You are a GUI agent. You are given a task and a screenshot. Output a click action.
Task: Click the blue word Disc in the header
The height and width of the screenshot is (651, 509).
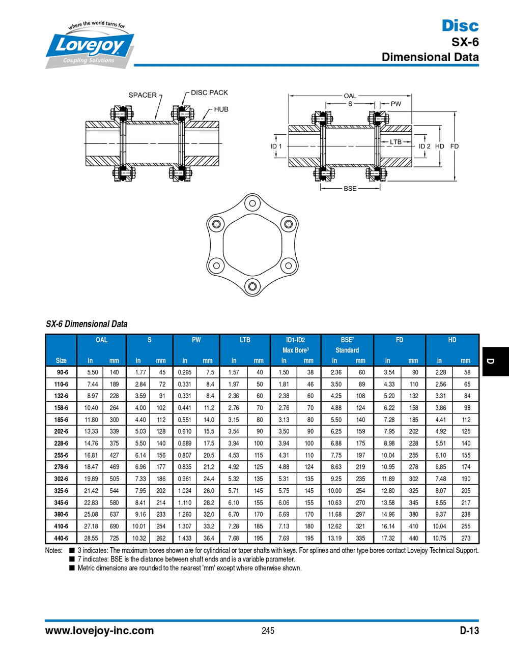[460, 25]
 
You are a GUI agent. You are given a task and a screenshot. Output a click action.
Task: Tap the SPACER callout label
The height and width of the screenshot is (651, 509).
[143, 95]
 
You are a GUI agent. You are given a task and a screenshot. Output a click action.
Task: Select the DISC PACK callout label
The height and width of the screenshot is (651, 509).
[209, 93]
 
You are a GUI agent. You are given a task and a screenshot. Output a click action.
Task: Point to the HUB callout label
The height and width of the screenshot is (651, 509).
[221, 109]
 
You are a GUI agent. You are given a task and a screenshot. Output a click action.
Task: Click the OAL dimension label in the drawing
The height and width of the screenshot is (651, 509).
[350, 96]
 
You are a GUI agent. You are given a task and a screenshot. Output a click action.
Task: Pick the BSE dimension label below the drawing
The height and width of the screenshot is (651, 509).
[350, 189]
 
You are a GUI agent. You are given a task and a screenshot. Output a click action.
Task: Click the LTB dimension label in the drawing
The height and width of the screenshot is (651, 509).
[395, 142]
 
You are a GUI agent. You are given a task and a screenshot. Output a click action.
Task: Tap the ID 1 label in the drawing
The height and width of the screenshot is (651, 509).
[276, 146]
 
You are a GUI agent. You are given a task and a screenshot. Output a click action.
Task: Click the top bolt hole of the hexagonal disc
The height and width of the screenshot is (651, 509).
[252, 204]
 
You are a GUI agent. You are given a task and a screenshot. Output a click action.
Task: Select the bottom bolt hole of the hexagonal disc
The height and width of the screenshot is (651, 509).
[252, 285]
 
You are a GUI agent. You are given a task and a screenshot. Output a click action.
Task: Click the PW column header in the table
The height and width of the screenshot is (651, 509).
[196, 340]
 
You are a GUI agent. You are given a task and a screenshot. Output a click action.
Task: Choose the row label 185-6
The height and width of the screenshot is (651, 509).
[61, 420]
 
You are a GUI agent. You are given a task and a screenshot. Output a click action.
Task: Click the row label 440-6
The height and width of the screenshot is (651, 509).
[61, 538]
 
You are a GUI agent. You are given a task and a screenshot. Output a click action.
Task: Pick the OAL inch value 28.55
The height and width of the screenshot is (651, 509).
[91, 538]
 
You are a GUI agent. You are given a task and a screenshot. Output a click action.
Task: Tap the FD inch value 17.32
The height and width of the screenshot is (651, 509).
[388, 538]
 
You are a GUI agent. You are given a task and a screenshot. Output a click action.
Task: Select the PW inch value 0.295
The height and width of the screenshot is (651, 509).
[185, 372]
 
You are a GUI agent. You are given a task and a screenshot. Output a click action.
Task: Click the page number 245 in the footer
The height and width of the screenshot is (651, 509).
[268, 631]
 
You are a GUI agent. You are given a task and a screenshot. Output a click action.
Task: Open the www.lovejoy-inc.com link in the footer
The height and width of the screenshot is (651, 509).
[99, 631]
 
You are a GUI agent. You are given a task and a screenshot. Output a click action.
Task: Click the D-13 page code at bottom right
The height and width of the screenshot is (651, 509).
[469, 631]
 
